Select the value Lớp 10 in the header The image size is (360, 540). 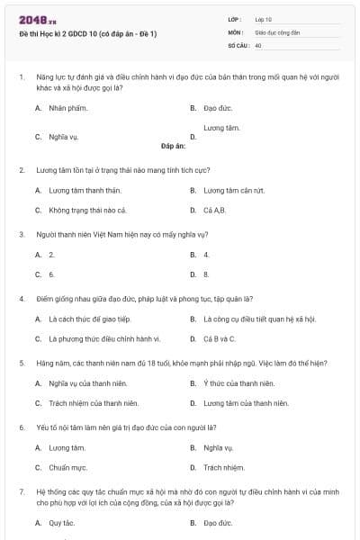[263, 18]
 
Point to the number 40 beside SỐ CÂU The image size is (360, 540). [258, 44]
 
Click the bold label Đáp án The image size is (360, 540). [173, 144]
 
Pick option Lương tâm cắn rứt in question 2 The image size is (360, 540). [233, 190]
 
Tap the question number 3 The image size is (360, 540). [22, 234]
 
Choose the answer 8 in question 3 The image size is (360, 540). [206, 274]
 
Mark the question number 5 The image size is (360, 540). [22, 363]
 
